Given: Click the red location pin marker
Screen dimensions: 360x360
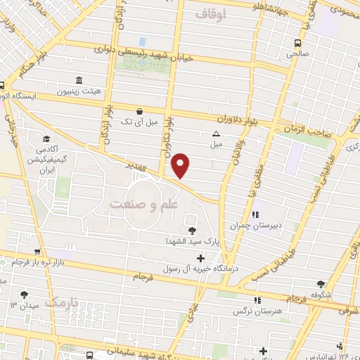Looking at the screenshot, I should click(181, 165).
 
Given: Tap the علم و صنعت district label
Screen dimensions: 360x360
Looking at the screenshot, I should click(145, 204).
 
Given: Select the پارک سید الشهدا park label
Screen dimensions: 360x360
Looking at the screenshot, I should click(188, 240).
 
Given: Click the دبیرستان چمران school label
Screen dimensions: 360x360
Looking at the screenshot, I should click(255, 226).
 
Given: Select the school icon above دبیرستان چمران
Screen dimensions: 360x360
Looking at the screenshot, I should click(255, 214).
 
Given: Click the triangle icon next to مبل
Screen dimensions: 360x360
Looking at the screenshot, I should click(216, 134).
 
